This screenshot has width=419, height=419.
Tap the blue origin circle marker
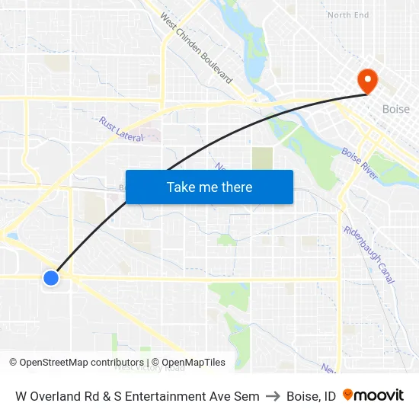[x=51, y=278]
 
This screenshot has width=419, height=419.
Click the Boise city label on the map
[x=395, y=109]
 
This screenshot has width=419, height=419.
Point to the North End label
[x=347, y=15]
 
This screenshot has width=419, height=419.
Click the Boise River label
[x=360, y=164]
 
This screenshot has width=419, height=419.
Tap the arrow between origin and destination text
[x=273, y=396]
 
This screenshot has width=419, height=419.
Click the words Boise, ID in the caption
[x=311, y=396]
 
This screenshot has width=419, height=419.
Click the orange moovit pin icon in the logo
[x=348, y=395]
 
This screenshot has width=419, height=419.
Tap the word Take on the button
[x=181, y=187]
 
